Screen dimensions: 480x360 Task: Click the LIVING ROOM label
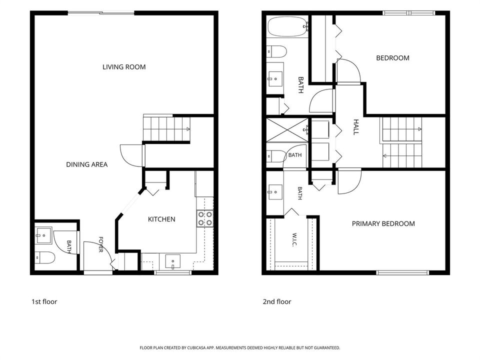tap(124, 67)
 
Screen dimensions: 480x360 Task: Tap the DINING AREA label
tap(87, 164)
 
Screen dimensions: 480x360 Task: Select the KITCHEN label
tap(161, 219)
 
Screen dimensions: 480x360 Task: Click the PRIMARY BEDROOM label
tap(383, 224)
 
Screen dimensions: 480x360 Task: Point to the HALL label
tap(356, 127)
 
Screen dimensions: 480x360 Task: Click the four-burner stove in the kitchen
tap(205, 218)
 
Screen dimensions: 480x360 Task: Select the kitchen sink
tap(173, 261)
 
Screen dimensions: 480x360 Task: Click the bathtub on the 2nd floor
tap(287, 26)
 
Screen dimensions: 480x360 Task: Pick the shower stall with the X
tap(287, 130)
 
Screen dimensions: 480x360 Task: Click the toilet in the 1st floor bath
tap(44, 257)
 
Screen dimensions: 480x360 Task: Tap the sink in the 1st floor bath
tap(43, 235)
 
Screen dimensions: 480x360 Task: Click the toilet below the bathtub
tap(276, 51)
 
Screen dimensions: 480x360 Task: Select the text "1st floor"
tap(44, 302)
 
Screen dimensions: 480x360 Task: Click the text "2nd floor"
tap(277, 302)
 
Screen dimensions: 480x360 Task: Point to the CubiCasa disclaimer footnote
tap(239, 348)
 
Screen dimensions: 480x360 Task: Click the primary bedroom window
tap(402, 272)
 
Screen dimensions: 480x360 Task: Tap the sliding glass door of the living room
tap(101, 13)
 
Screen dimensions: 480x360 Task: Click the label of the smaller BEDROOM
tap(393, 58)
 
